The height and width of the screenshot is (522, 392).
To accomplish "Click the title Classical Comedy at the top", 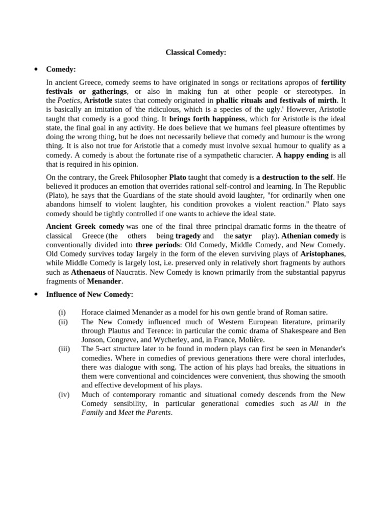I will click(x=196, y=52).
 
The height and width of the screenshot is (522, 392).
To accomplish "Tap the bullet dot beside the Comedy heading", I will click(x=36, y=69).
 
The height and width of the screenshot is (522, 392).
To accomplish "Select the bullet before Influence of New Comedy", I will click(x=36, y=294).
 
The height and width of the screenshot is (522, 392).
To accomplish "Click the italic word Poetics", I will click(x=68, y=100).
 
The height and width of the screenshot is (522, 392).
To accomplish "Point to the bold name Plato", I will click(x=178, y=177).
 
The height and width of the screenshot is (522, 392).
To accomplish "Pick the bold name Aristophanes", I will click(x=323, y=253).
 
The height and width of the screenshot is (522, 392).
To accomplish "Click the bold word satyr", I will click(x=243, y=236).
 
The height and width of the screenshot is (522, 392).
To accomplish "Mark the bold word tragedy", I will click(x=188, y=236).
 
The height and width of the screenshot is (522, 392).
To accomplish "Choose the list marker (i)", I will click(x=62, y=312).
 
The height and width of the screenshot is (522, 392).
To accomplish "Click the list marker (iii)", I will click(x=64, y=349).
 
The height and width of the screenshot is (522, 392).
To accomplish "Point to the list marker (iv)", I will click(x=63, y=394).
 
